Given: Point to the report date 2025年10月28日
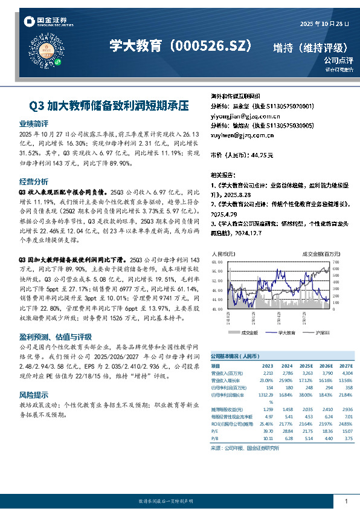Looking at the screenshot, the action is pos(325,24).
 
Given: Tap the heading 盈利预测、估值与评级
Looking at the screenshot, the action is pos(56,337).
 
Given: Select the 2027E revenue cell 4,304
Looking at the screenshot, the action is pos(346,373).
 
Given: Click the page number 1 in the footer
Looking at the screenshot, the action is pos(346,501).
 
